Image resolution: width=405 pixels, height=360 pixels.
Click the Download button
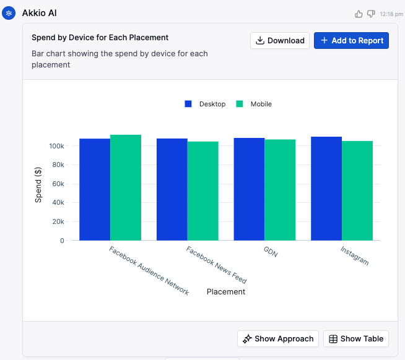tap(280, 41)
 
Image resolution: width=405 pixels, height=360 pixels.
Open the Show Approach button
tap(278, 338)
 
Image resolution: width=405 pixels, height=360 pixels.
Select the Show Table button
tap(356, 338)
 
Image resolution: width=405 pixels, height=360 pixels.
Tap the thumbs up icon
tap(359, 14)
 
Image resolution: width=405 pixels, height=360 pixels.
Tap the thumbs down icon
tap(371, 14)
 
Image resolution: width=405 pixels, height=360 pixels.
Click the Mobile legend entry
tap(254, 104)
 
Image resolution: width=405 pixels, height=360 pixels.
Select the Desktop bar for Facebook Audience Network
tap(95, 189)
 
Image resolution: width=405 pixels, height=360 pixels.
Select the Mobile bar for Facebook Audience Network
tap(126, 187)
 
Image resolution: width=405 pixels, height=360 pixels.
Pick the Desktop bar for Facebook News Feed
tap(172, 189)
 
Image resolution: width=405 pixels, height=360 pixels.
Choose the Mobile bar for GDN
tap(280, 190)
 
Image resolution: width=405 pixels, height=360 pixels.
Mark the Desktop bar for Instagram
tap(326, 189)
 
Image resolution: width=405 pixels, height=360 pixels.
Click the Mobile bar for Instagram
tap(357, 191)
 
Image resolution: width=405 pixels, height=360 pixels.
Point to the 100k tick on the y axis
tap(56, 146)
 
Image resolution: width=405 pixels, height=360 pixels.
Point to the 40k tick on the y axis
tap(58, 203)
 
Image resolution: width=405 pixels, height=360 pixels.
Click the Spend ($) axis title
tap(38, 185)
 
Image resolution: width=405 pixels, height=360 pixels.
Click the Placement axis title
tap(226, 292)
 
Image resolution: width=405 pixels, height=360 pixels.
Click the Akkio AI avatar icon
tap(9, 13)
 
